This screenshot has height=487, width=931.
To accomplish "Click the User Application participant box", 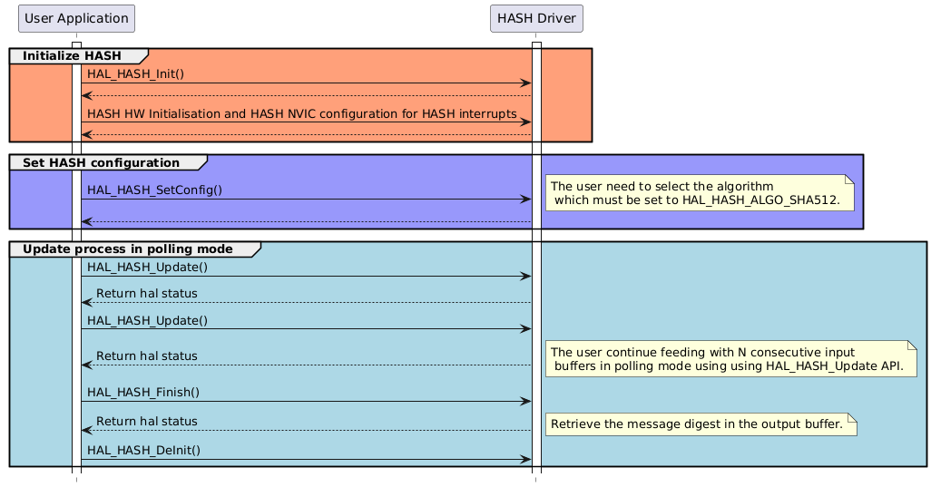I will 76,18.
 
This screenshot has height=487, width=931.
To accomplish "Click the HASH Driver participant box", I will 535,18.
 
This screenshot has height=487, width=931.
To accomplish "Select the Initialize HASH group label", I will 72,56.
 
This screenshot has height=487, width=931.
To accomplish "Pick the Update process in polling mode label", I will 128,249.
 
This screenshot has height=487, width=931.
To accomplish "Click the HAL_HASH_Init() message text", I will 135,73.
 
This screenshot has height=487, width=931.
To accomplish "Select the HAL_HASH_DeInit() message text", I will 143,450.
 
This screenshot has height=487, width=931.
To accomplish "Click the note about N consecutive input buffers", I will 730,358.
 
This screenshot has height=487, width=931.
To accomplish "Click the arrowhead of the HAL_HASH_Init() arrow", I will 525,83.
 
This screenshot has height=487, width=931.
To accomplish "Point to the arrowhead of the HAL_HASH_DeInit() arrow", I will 525,460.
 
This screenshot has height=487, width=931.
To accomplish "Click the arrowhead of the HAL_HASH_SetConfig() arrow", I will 525,199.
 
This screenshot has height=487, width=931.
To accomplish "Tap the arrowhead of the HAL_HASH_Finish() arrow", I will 525,402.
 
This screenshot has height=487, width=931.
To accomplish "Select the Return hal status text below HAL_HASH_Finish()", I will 146,422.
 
